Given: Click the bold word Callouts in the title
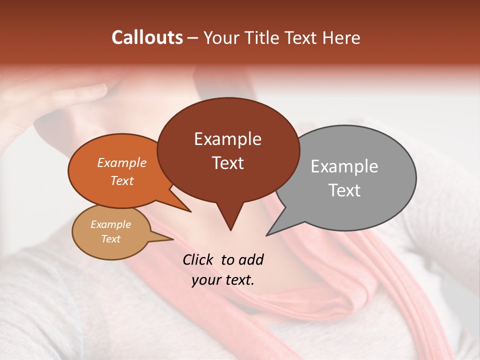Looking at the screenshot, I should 147,38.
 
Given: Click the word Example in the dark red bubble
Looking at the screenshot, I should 227,139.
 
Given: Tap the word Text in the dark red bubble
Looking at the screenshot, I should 227,163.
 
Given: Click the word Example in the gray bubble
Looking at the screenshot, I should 344,166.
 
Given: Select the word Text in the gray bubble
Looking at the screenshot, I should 344,190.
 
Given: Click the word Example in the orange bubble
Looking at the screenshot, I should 121,162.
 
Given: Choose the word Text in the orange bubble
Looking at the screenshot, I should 121,180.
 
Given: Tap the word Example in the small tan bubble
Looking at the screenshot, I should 110,224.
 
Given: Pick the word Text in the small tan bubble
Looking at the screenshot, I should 110,239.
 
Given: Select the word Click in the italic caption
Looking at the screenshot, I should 198,259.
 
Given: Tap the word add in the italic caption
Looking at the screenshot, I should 250,259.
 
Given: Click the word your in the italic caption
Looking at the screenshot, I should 205,280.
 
